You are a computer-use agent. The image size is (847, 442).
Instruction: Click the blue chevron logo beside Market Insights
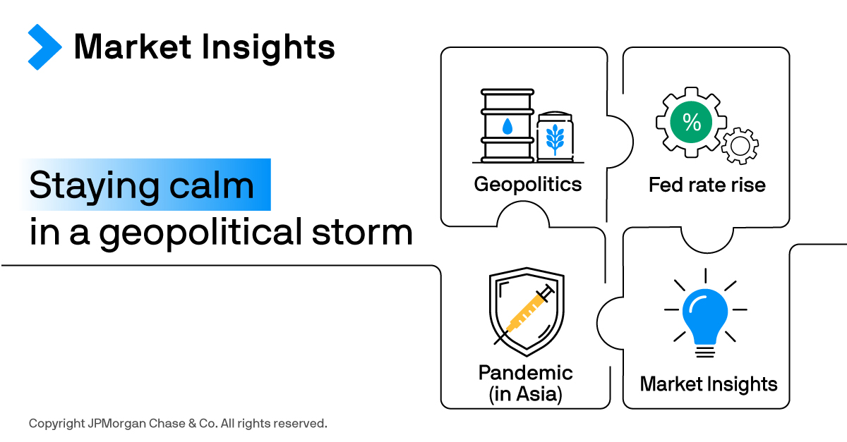click(44, 47)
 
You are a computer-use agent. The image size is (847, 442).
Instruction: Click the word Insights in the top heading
click(268, 48)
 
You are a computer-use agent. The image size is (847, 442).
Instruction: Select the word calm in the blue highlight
click(211, 185)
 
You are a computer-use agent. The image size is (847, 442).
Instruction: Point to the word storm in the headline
click(362, 232)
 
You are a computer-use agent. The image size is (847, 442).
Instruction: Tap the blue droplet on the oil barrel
click(507, 127)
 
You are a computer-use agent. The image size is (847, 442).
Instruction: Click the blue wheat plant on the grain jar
click(555, 140)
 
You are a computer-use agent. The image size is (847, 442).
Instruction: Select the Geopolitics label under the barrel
click(528, 185)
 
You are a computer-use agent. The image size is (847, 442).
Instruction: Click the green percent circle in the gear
click(691, 122)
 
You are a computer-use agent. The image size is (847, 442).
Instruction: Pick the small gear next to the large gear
click(740, 146)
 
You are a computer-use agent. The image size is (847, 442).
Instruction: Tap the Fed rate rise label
click(707, 185)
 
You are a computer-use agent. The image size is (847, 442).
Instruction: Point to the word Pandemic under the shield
click(526, 373)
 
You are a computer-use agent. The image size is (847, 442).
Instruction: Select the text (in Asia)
click(526, 394)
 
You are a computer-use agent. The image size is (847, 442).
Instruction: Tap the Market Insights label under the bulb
click(709, 384)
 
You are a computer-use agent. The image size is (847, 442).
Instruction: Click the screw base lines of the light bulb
click(705, 352)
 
